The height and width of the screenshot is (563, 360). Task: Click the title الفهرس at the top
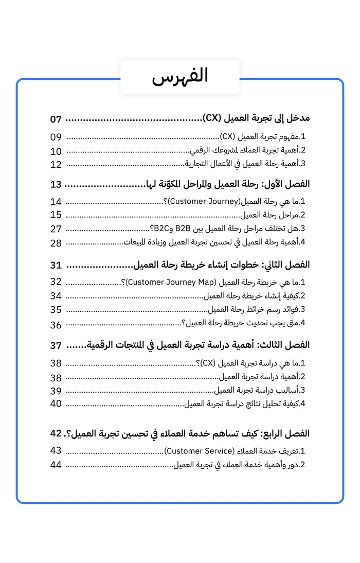180,76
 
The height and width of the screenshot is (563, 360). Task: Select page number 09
56,137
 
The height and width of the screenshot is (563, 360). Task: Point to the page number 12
56,165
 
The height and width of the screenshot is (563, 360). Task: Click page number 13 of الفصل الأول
56,184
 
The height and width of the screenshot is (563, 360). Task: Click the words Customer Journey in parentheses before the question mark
204,201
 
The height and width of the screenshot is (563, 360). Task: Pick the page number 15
56,215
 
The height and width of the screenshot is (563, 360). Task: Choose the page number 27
56,228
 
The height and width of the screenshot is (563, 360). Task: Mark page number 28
56,242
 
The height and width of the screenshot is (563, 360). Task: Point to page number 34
56,296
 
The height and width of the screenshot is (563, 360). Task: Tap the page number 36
56,325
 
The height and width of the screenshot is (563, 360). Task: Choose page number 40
56,403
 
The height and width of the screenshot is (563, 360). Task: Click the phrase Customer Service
198,451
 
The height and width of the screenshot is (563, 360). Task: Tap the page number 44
56,465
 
